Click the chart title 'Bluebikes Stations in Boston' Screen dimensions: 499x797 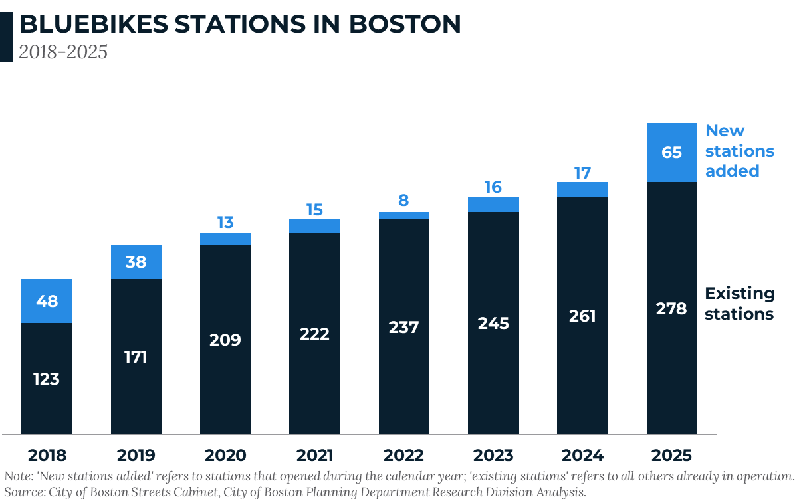[x=239, y=25]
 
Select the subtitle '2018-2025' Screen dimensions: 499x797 [x=63, y=52]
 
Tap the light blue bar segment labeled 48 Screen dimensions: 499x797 [x=47, y=301]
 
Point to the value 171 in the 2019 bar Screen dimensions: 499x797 [x=136, y=357]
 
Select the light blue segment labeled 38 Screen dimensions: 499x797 [x=136, y=262]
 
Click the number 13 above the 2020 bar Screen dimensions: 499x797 [x=225, y=222]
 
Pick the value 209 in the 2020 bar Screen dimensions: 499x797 [x=225, y=340]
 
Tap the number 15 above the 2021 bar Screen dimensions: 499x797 [x=314, y=210]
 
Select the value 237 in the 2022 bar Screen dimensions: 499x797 [x=403, y=327]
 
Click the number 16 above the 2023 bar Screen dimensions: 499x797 [x=493, y=187]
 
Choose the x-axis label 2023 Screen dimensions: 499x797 [x=493, y=456]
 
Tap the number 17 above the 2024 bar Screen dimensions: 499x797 [x=582, y=173]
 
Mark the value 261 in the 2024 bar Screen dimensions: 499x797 [x=582, y=316]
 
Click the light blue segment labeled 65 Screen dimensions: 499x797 [x=671, y=153]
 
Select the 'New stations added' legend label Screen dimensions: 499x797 [x=739, y=151]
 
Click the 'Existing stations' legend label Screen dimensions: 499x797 [x=739, y=304]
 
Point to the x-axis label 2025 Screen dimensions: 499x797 [x=671, y=456]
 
